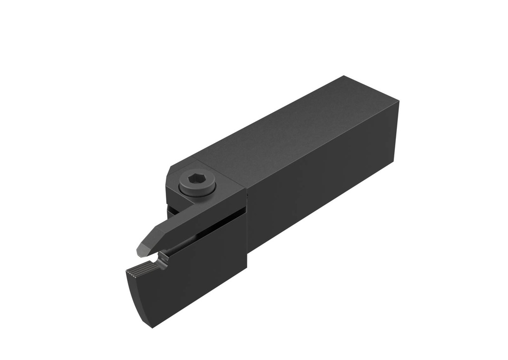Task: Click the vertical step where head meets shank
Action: tap(247, 223)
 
